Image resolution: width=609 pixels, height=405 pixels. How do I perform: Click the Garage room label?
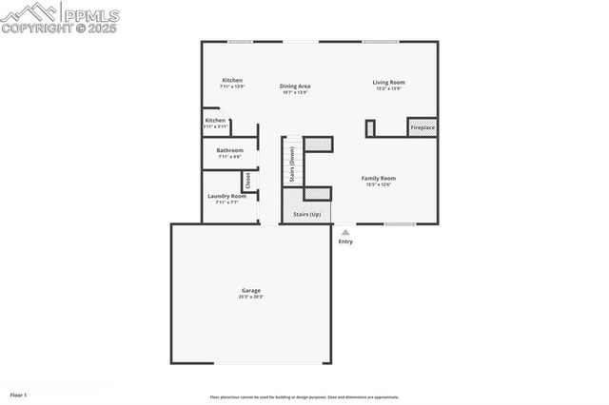(x=250, y=290)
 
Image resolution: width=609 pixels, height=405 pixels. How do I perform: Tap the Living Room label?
(x=388, y=83)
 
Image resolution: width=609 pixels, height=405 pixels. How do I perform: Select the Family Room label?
(x=378, y=178)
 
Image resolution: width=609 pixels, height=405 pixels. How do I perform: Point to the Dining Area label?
(x=296, y=87)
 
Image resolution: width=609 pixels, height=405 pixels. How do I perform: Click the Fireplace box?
(x=422, y=127)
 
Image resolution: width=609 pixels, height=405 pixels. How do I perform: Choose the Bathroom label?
(x=229, y=150)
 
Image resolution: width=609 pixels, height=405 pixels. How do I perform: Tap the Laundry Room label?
(x=226, y=196)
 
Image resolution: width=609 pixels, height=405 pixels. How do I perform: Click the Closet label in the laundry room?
(x=247, y=180)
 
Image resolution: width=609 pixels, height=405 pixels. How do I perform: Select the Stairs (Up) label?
(x=306, y=214)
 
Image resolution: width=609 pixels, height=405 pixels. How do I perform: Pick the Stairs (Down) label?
(x=291, y=164)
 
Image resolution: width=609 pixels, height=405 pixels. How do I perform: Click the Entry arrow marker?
(x=344, y=231)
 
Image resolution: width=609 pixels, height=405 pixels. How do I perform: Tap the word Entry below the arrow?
(x=344, y=241)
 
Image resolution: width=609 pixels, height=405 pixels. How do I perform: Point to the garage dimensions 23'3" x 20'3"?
(x=250, y=297)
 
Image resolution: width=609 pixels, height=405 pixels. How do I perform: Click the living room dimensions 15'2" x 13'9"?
(x=388, y=88)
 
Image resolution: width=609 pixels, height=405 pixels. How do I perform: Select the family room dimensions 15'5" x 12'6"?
(x=378, y=184)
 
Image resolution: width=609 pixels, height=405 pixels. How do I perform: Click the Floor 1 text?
(x=19, y=394)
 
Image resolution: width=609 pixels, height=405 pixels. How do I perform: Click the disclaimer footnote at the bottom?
(x=304, y=397)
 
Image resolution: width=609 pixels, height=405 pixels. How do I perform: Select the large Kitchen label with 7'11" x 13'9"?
(x=232, y=80)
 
